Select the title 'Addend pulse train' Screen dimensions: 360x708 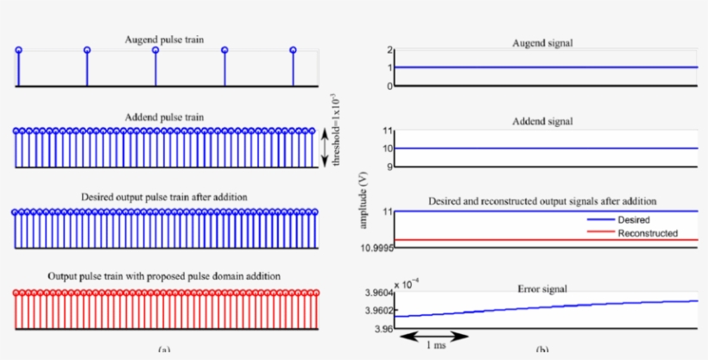pyautogui.click(x=164, y=116)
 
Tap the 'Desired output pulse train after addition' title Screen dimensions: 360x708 pyautogui.click(x=164, y=197)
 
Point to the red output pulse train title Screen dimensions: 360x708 pyautogui.click(x=164, y=275)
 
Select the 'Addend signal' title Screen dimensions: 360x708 pyautogui.click(x=542, y=121)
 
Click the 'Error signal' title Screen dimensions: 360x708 pyautogui.click(x=542, y=287)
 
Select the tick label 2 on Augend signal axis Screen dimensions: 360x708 pyautogui.click(x=389, y=50)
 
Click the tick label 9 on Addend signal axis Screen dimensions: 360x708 pyautogui.click(x=389, y=167)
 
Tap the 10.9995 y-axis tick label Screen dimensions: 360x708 pyautogui.click(x=376, y=249)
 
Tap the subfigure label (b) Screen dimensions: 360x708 pyautogui.click(x=542, y=351)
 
